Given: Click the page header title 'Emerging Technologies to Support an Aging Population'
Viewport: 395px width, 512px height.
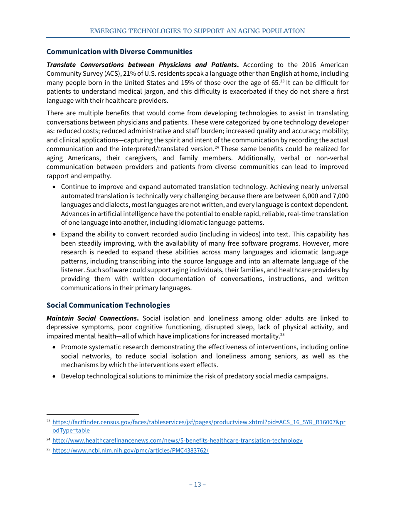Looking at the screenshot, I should (197, 31).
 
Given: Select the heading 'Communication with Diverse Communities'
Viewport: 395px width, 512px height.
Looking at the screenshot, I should (119, 52).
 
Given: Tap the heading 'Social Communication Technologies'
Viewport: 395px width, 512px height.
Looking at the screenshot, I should (108, 305).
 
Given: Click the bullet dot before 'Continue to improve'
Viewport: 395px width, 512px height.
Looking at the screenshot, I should (54, 187).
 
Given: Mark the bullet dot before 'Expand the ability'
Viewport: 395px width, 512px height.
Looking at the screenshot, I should (54, 234).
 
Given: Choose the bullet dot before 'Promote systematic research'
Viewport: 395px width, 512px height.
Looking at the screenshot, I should (54, 347).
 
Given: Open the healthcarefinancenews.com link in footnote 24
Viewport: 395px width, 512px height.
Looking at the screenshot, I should (178, 440).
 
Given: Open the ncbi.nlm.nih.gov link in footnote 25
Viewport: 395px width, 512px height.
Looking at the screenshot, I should (131, 450).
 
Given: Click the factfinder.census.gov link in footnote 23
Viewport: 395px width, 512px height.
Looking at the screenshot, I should (199, 422).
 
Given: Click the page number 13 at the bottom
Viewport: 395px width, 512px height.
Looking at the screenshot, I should (197, 484).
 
